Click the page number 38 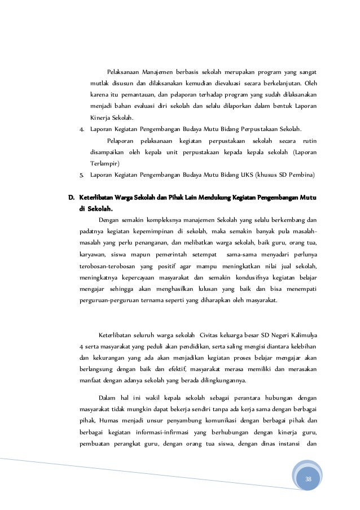coord(308,479)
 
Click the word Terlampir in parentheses coord(104,163)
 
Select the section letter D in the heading coord(72,197)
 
